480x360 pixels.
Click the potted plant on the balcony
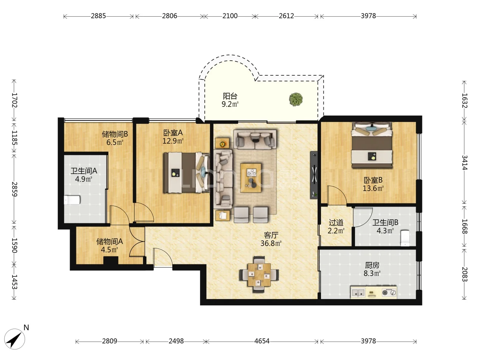pyautogui.click(x=296, y=99)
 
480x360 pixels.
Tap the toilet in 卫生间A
pyautogui.click(x=72, y=200)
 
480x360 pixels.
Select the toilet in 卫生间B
pyautogui.click(x=405, y=238)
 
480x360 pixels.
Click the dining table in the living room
pyautogui.click(x=259, y=275)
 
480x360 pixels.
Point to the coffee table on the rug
pyautogui.click(x=251, y=178)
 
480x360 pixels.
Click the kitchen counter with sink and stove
pyautogui.click(x=374, y=292)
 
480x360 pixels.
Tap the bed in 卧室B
pyautogui.click(x=372, y=145)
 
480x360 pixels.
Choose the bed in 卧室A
pyautogui.click(x=187, y=172)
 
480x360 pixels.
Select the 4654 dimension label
pyautogui.click(x=262, y=341)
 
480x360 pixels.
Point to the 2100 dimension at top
pyautogui.click(x=230, y=16)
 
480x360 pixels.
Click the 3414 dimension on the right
pyautogui.click(x=464, y=163)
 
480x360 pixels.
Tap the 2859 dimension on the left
pyautogui.click(x=14, y=189)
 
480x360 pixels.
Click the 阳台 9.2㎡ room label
pyautogui.click(x=230, y=100)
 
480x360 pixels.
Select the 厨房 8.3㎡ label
pyautogui.click(x=372, y=269)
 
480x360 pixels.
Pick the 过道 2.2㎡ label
pyautogui.click(x=336, y=226)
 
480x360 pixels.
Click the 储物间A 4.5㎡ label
pyautogui.click(x=110, y=245)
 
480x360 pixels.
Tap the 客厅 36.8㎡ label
pyautogui.click(x=271, y=239)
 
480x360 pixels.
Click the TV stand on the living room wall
pyautogui.click(x=314, y=175)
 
